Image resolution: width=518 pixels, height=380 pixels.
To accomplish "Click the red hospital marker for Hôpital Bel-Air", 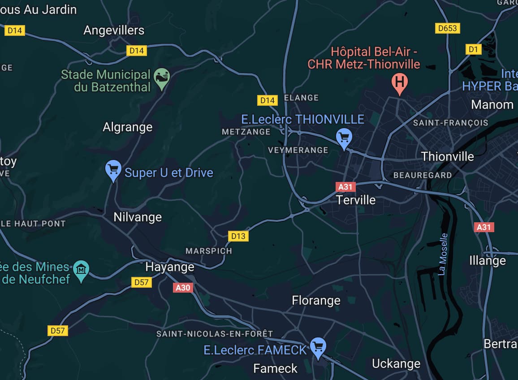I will coord(399,82).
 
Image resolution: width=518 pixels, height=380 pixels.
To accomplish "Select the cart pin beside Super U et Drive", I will coord(113,170).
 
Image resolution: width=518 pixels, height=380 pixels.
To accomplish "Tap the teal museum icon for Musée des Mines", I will coord(81,270).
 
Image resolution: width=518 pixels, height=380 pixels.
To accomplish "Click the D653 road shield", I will coord(447,29).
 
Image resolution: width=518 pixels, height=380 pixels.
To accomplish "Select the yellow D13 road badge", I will coord(238,236).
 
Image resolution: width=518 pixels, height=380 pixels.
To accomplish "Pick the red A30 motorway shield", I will coord(183,288).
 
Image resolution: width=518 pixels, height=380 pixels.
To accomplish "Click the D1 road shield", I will coord(473,49).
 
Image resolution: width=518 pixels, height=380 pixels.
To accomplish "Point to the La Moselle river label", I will coord(443,254).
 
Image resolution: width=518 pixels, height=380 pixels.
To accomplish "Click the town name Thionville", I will coord(447,156).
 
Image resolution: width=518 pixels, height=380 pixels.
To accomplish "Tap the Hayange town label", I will coord(170,267).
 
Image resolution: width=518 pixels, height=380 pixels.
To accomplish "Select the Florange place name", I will coord(316,300).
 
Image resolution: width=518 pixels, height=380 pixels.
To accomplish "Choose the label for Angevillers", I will coord(114,30).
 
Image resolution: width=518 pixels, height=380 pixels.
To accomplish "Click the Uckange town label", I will coord(396,363).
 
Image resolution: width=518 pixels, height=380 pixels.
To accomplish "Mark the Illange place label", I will coord(487,260).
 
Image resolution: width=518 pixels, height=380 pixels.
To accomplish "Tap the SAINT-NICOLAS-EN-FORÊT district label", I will coord(214,334).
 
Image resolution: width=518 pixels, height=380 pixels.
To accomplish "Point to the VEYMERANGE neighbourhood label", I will coord(298,150).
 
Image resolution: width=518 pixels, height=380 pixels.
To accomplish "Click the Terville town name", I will coord(356,200).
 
